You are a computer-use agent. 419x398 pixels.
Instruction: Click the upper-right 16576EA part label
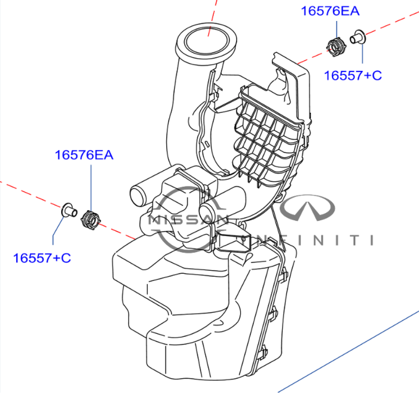coord(330,11)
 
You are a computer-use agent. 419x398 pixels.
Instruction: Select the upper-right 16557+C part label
coord(353,75)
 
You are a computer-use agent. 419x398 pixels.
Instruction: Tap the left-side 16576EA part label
coord(84,155)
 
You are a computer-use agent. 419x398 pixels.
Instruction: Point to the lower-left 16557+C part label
coord(42,258)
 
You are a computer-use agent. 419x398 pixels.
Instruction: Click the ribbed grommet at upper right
coord(336,47)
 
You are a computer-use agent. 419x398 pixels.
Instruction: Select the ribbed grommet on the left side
coord(91,220)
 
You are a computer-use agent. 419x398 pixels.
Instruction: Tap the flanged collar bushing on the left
coord(69,210)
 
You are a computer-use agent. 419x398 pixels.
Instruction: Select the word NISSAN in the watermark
coord(187,220)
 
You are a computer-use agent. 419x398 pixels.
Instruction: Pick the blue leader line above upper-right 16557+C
coord(362,54)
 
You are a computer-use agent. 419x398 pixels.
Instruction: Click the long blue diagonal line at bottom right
coord(349,352)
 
